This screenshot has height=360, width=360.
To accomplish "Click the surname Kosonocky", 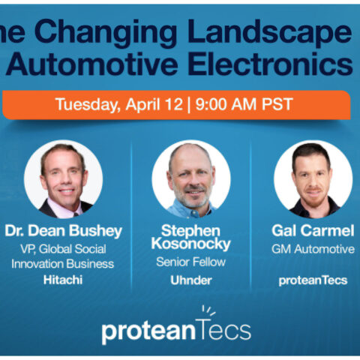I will [190, 244].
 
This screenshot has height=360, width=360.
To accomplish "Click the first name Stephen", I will [190, 229].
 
